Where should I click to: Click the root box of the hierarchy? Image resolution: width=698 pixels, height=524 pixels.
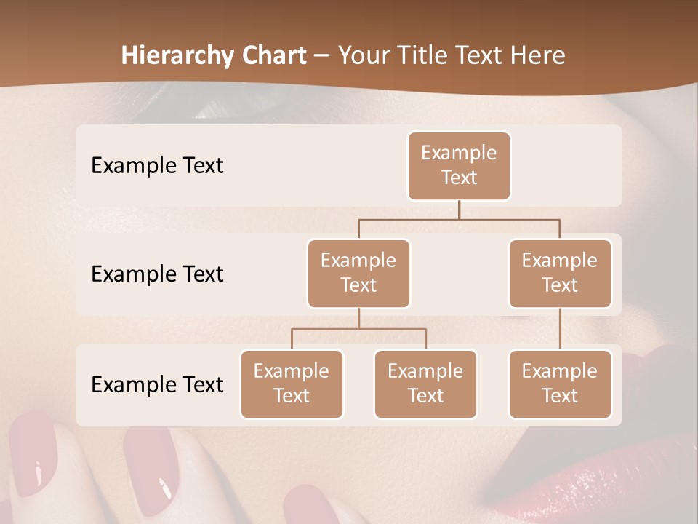[x=459, y=165]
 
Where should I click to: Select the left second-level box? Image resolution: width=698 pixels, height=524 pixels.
[x=358, y=273]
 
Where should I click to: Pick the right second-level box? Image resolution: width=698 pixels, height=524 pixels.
[x=560, y=273]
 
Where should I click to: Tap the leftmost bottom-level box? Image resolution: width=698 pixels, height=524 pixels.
[x=292, y=384]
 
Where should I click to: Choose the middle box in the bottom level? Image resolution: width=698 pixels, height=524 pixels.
[x=425, y=384]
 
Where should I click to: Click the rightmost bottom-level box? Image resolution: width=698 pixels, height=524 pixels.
[x=560, y=384]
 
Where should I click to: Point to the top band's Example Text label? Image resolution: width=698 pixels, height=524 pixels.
[x=157, y=165]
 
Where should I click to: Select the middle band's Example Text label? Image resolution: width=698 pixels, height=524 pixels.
[x=157, y=274]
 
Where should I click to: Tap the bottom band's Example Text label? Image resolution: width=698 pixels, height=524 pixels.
[x=157, y=384]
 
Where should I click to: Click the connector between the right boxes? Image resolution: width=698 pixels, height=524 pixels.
[x=560, y=328]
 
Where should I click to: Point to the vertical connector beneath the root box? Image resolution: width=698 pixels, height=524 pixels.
[x=459, y=210]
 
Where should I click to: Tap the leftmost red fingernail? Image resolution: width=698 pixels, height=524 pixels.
[x=33, y=451]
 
